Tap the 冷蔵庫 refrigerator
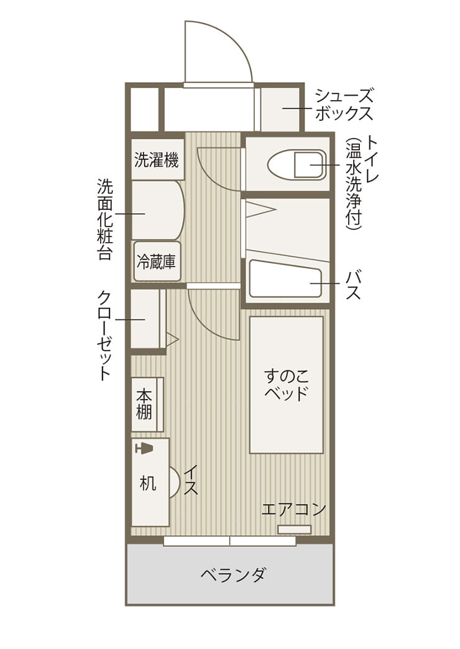point(157,261)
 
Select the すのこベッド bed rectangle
point(287,385)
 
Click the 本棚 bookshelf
point(147,404)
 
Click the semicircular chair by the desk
point(175,482)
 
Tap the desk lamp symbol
point(144,448)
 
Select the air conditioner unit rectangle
point(294,530)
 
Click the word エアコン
point(293,509)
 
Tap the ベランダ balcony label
point(233,574)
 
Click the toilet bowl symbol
point(297,165)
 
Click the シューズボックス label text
point(344,105)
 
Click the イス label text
point(191,480)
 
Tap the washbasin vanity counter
point(157,210)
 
